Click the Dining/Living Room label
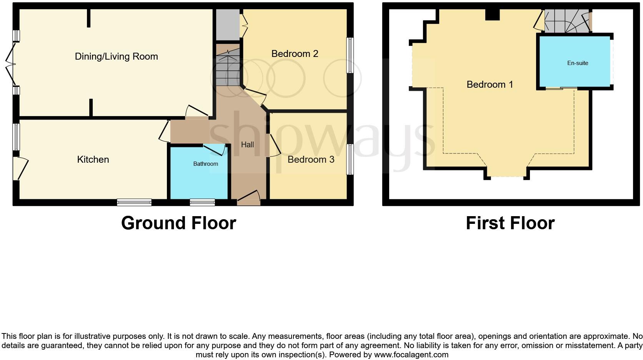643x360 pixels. pyautogui.click(x=116, y=57)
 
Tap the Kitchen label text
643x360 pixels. pyautogui.click(x=93, y=160)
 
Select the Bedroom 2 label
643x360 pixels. pyautogui.click(x=295, y=54)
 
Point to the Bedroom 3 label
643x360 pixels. pyautogui.click(x=311, y=160)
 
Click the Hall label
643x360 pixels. pyautogui.click(x=247, y=145)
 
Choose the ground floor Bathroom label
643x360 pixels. pyautogui.click(x=205, y=164)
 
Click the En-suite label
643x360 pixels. pyautogui.click(x=577, y=63)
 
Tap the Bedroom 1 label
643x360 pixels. pyautogui.click(x=490, y=85)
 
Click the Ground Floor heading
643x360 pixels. pyautogui.click(x=178, y=223)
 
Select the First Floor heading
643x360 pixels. pyautogui.click(x=510, y=223)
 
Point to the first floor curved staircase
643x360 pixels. pyautogui.click(x=567, y=21)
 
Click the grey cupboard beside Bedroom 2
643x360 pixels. pyautogui.click(x=227, y=24)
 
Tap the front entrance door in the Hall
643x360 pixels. pyautogui.click(x=248, y=198)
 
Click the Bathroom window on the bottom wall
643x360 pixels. pyautogui.click(x=202, y=202)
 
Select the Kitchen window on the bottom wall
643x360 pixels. pyautogui.click(x=134, y=202)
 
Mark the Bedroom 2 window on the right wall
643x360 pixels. pyautogui.click(x=350, y=55)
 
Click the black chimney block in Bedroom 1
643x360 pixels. pyautogui.click(x=492, y=15)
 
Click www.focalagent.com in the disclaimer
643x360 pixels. pyautogui.click(x=411, y=355)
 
